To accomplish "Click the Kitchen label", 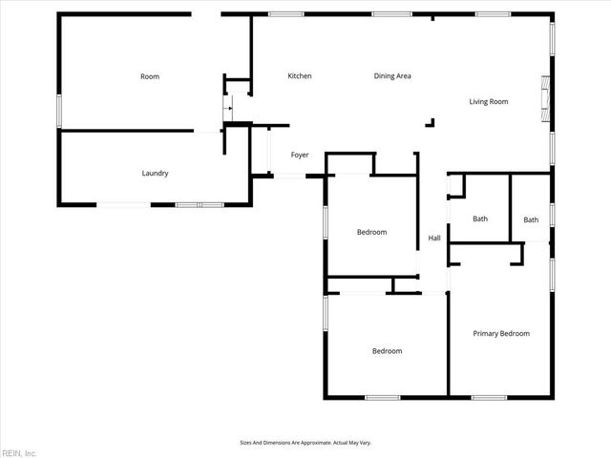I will pos(300,76).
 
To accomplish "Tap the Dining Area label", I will pos(391,76).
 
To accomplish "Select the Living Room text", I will pos(488,101).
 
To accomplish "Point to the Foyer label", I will pos(300,155).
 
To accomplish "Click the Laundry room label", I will pos(155,174).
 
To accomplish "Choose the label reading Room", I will pos(149,76).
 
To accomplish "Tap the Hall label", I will pos(434,239).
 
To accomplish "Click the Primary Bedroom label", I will pos(501,333).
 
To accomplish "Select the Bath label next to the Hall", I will pos(480,219).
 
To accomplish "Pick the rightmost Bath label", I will pos(531,220).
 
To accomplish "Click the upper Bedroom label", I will pos(371,232).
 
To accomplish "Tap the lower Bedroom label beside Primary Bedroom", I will pos(387,351).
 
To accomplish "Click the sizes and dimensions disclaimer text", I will pos(305,443).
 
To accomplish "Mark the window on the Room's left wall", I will pos(59,110).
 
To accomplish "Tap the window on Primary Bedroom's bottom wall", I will pos(489,397).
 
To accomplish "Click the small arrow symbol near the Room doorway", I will pos(227,110).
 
